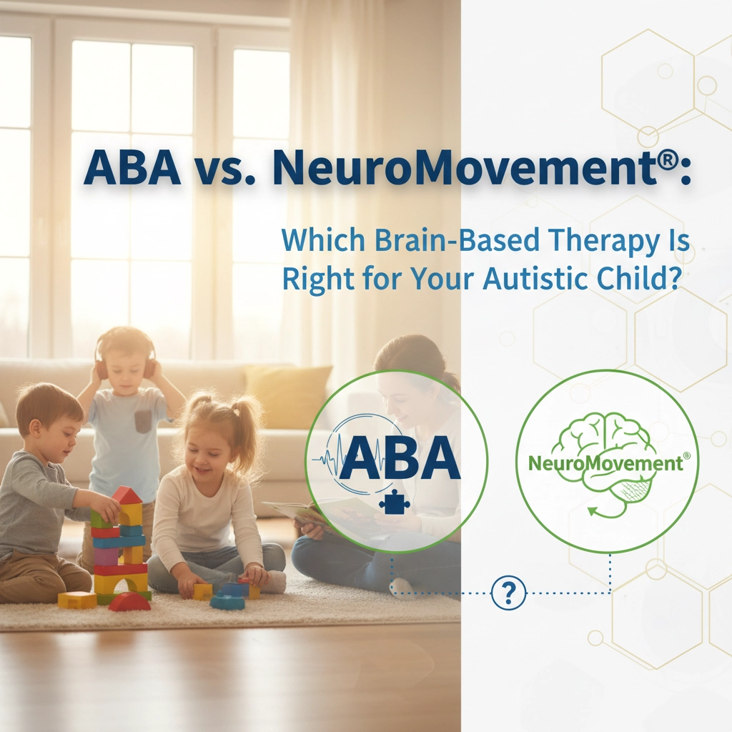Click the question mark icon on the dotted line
click(509, 592)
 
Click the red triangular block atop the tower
click(126, 495)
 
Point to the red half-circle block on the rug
click(129, 603)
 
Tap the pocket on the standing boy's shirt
click(143, 422)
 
